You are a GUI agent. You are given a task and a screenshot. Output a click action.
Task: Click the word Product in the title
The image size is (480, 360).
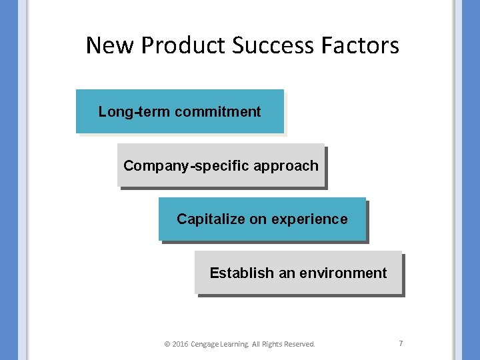pyautogui.click(x=183, y=45)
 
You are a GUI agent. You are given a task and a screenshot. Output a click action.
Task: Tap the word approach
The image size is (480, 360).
pyautogui.click(x=287, y=166)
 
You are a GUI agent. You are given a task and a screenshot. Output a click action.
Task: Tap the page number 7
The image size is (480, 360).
pyautogui.click(x=401, y=343)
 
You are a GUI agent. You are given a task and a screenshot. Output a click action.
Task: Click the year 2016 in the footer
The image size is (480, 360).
pyautogui.click(x=180, y=345)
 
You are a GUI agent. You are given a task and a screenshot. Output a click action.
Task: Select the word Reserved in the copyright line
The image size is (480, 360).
pyautogui.click(x=299, y=345)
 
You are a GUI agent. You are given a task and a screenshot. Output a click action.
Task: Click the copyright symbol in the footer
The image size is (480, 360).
pyautogui.click(x=167, y=345)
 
